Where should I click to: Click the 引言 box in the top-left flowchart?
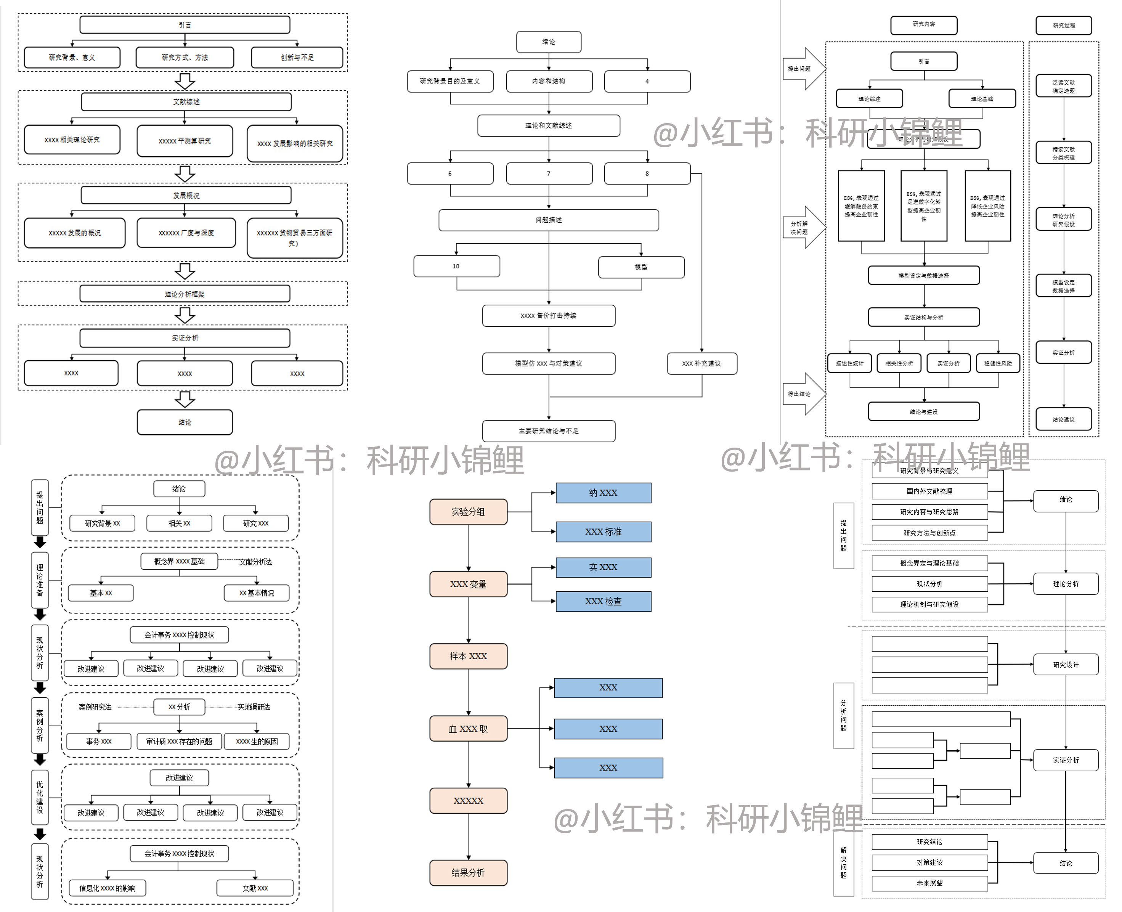185,25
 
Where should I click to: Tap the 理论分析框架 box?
185,294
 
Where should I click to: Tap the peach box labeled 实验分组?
468,512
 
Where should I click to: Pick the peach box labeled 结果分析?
468,873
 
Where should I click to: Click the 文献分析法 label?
255,562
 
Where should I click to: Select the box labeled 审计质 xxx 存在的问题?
179,741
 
